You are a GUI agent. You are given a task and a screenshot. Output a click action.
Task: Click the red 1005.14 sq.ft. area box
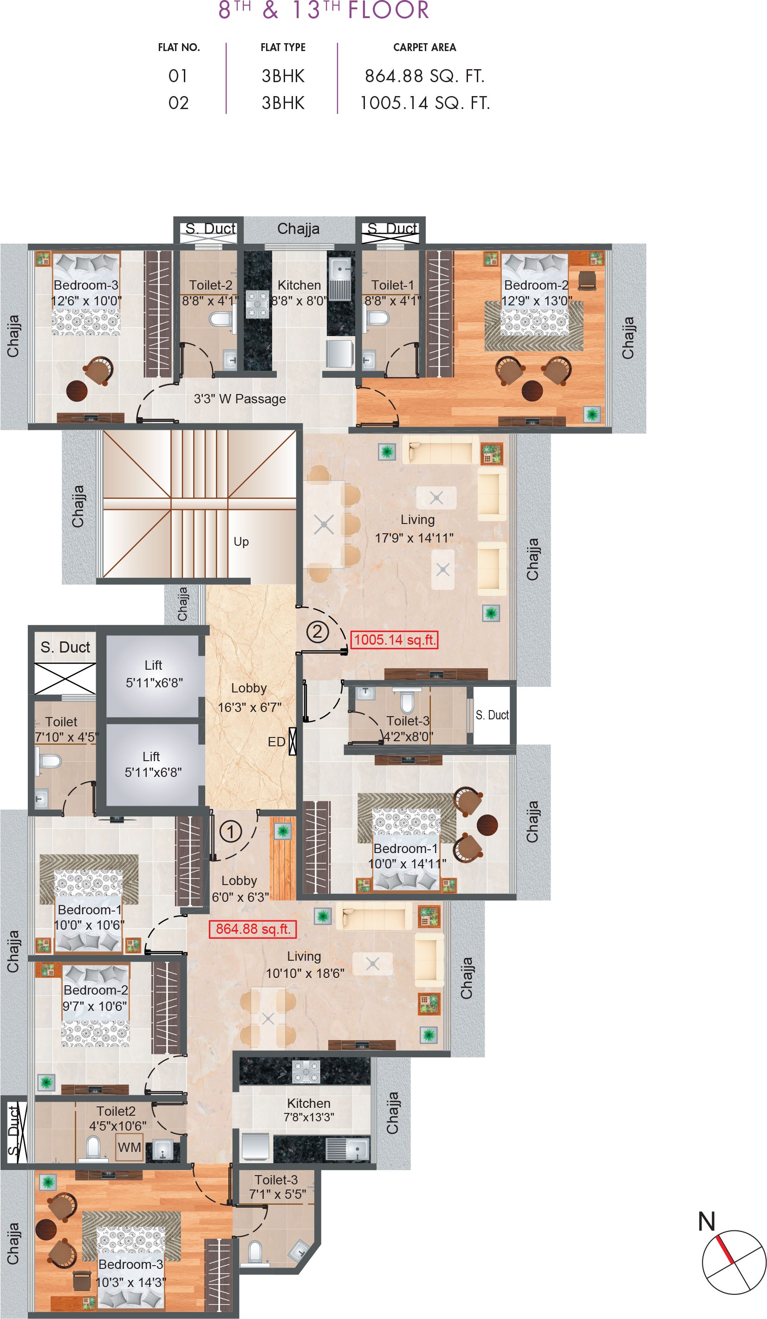point(394,640)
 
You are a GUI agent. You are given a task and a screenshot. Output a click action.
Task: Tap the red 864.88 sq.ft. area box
point(253,929)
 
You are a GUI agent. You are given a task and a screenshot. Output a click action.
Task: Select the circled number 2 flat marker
point(317,632)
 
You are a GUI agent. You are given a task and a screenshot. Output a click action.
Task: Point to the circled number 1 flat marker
point(230,832)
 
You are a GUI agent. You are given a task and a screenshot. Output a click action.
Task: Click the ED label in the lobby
point(276,742)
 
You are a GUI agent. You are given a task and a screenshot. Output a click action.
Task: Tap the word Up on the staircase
point(241,542)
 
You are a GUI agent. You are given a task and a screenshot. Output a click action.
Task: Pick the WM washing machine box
point(130,1147)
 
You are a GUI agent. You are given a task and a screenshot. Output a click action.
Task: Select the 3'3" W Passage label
point(240,399)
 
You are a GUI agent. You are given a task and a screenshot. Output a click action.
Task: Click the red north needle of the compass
point(724,1249)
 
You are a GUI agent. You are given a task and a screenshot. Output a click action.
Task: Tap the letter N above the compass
point(706,1222)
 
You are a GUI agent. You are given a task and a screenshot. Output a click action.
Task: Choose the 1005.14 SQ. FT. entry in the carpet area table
point(425,103)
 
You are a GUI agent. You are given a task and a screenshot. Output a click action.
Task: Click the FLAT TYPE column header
point(283,48)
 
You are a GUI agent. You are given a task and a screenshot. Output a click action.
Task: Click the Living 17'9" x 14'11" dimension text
point(414,537)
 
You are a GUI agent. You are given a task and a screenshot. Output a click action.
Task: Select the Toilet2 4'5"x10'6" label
point(117,1119)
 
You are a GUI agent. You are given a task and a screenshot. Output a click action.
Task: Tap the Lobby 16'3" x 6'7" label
point(249,698)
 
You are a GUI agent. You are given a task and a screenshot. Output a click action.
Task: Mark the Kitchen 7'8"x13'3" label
point(308,1110)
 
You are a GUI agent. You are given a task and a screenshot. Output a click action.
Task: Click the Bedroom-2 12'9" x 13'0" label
point(536,293)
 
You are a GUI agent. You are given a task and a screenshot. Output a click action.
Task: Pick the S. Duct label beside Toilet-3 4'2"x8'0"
point(492,715)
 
